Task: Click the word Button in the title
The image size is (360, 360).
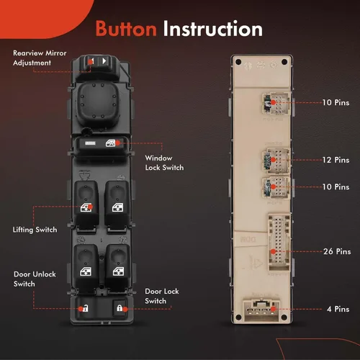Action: click(126, 29)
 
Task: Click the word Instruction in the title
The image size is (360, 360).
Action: click(213, 29)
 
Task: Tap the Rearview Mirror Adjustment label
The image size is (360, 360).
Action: click(40, 58)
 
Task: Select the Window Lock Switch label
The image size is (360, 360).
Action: click(164, 163)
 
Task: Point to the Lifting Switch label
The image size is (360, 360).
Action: click(35, 230)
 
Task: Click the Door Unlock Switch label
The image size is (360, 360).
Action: click(35, 279)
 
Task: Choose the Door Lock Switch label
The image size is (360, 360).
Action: click(162, 296)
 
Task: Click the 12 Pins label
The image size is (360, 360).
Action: click(336, 160)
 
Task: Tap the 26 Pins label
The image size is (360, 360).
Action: click(337, 251)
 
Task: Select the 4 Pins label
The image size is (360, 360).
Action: click(338, 309)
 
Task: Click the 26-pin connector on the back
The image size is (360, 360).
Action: click(279, 242)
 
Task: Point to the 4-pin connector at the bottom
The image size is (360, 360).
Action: click(261, 310)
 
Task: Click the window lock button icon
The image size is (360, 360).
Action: click(111, 143)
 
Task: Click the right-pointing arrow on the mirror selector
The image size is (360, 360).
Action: click(104, 61)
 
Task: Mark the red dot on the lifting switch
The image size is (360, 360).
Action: click(90, 207)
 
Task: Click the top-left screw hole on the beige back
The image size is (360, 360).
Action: click(238, 62)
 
